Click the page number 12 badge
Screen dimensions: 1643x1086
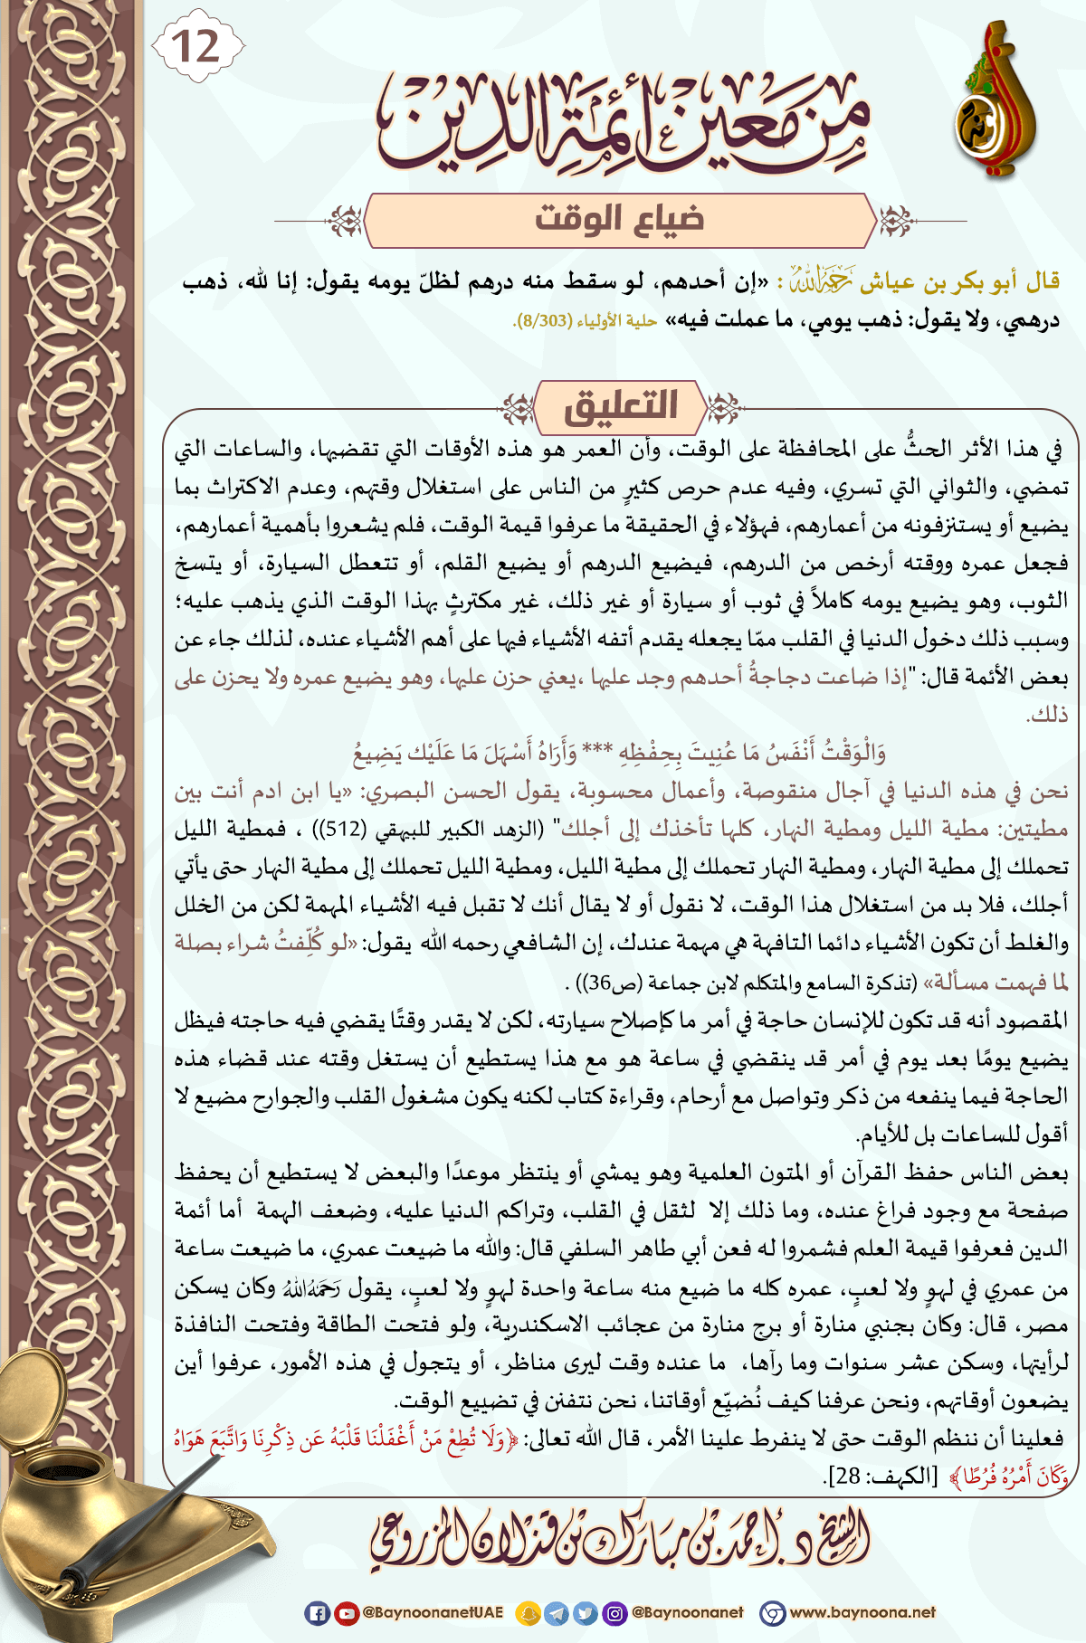pos(197,45)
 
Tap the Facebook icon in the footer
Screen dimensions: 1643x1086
pos(317,1612)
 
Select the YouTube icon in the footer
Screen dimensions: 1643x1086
pos(346,1612)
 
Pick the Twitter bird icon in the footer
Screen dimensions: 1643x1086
pos(586,1612)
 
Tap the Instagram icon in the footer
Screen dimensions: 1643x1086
pos(614,1612)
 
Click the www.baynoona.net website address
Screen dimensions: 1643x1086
pos(862,1612)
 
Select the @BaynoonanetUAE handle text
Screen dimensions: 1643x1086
pos(433,1612)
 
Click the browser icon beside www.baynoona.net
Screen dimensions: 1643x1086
pos(772,1612)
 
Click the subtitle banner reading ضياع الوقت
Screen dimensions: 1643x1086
pos(620,220)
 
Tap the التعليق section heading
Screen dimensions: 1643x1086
pos(621,405)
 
